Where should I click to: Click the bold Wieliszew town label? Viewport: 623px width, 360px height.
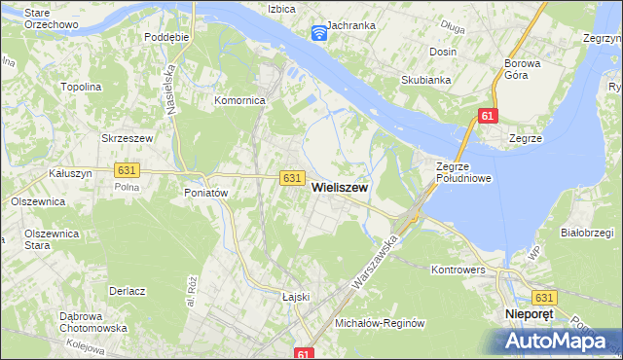pos(340,192)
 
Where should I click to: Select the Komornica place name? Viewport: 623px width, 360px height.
pos(240,100)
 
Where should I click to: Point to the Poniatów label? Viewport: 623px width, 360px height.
pos(205,193)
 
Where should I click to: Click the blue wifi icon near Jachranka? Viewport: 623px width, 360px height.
pos(318,34)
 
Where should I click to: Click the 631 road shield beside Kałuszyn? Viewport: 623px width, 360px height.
pos(126,169)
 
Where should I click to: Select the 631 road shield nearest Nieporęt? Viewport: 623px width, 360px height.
pos(544,297)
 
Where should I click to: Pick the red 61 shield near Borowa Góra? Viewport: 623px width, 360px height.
pos(488,117)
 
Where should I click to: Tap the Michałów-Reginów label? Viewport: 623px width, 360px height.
pos(381,323)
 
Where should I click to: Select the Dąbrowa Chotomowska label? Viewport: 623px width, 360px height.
pos(93,322)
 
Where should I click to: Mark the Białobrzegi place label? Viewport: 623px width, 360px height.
pos(587,233)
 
